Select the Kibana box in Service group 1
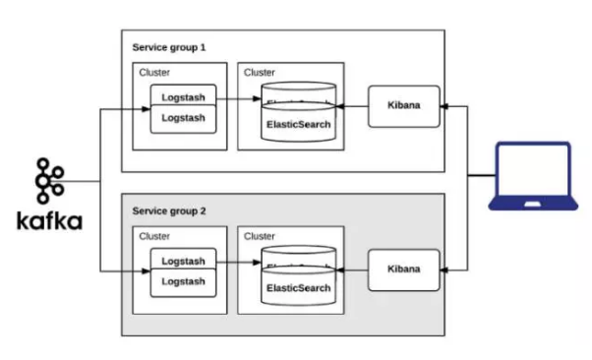click(403, 106)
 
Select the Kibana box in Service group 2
click(403, 270)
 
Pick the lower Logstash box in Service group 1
click(182, 118)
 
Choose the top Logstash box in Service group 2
click(182, 262)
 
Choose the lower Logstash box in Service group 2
click(182, 281)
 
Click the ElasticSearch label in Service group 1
click(299, 125)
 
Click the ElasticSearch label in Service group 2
click(299, 288)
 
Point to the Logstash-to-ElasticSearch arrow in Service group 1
click(238, 98)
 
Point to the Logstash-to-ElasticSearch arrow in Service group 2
click(238, 263)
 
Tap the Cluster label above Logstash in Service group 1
click(154, 72)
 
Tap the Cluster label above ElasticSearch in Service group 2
click(260, 236)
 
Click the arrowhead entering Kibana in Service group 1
click(444, 106)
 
